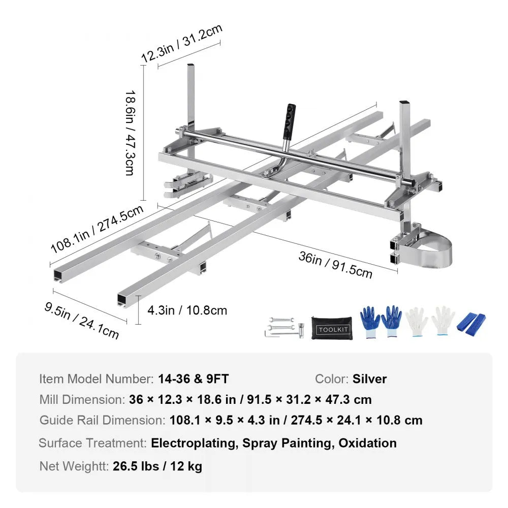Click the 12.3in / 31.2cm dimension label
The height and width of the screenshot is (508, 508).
point(181,43)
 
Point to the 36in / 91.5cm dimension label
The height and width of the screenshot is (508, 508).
point(335,265)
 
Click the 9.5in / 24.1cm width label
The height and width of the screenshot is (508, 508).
point(81,319)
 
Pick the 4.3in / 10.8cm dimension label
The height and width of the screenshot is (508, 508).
point(187,310)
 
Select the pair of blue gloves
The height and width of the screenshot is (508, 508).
point(381,322)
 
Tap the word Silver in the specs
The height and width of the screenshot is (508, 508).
point(369,379)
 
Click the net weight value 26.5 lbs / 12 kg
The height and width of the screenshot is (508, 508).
point(157,466)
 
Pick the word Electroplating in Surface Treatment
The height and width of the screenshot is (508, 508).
point(194,443)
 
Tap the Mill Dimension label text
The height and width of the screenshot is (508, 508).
point(81,399)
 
